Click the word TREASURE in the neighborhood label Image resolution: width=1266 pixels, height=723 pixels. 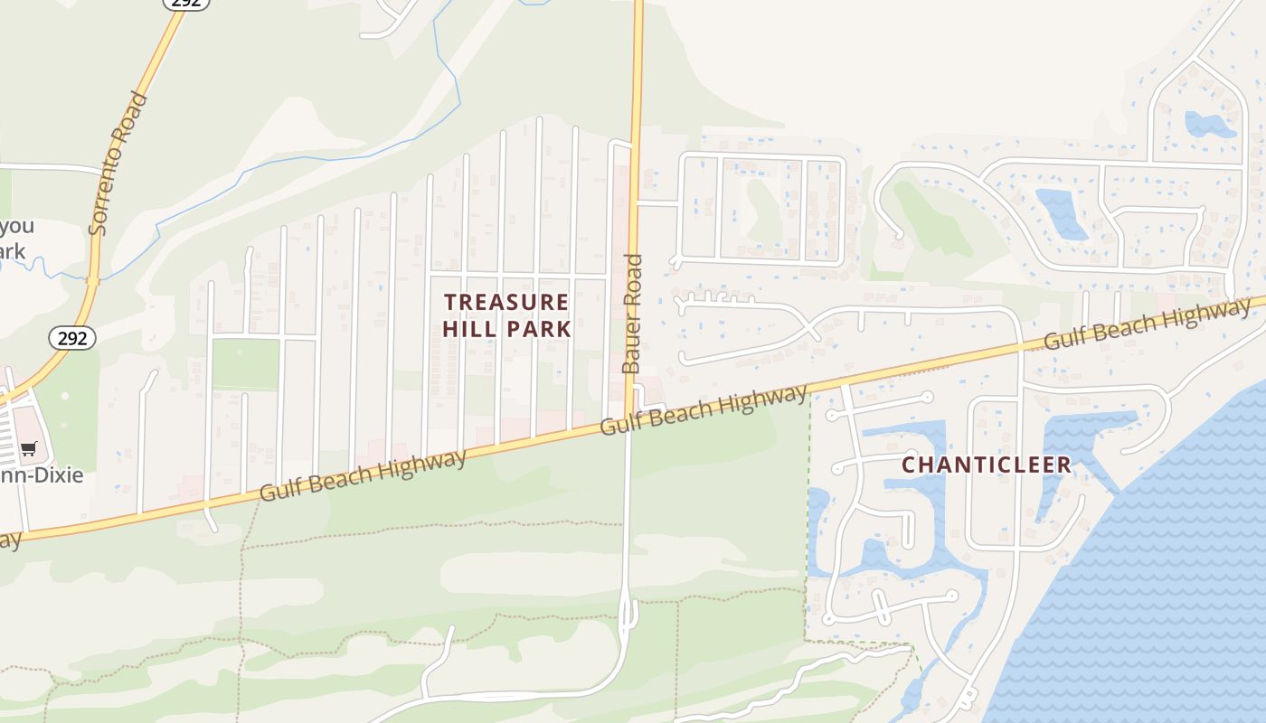(x=506, y=302)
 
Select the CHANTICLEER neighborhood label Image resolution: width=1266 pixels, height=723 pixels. (x=987, y=465)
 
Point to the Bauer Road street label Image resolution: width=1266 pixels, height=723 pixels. (x=632, y=314)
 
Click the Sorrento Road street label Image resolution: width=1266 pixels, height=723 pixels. (x=118, y=163)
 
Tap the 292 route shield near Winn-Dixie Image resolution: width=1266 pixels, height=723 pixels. (x=71, y=338)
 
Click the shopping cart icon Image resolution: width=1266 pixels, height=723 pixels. (x=29, y=448)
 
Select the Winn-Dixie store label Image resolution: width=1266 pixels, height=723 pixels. (x=45, y=475)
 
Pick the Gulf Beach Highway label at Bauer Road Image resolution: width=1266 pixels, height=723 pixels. (x=703, y=409)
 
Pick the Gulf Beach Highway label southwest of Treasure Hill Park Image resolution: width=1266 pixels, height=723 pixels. (x=364, y=475)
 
